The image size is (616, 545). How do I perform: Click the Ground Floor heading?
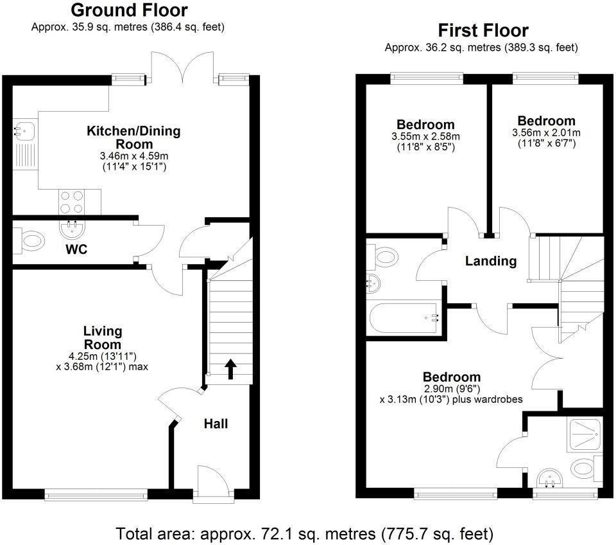tap(129, 10)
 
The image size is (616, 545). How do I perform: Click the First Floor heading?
tap(483, 30)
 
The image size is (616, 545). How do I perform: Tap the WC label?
tap(76, 249)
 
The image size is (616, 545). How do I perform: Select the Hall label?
tap(216, 424)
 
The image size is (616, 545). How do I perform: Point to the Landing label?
tap(491, 261)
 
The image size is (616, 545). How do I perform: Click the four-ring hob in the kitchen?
tap(71, 202)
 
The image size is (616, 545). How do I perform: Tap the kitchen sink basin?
tap(24, 131)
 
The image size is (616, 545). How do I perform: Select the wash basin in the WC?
tap(72, 228)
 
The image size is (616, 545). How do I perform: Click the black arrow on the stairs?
tap(230, 369)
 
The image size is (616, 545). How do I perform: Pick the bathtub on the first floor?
tap(404, 318)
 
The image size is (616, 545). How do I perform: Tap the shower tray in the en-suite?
tap(585, 435)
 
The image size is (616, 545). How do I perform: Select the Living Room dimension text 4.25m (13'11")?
tap(103, 357)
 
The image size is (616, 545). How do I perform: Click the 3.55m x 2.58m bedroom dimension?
tap(425, 137)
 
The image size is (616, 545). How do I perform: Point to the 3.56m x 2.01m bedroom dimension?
tap(547, 133)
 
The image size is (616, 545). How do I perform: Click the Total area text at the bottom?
tap(304, 534)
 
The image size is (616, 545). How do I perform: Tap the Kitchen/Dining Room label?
tap(133, 137)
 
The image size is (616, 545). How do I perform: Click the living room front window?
tap(96, 495)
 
